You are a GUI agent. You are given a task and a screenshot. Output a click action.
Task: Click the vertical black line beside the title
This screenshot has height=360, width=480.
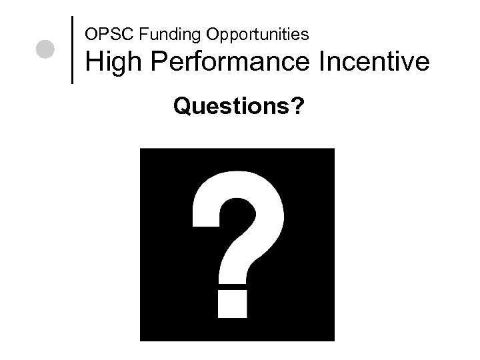71,49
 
